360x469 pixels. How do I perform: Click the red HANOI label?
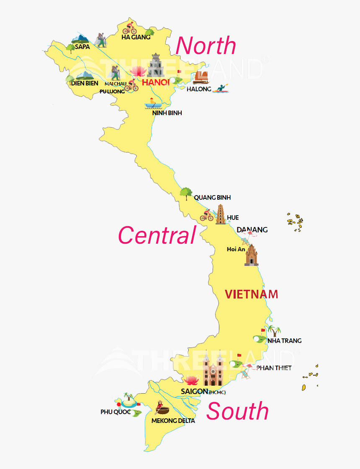click(155, 82)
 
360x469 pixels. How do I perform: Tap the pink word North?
click(206, 46)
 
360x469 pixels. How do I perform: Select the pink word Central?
click(157, 235)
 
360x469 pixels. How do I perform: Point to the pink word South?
click(237, 411)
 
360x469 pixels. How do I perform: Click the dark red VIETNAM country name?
click(251, 294)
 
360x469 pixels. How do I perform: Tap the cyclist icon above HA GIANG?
click(129, 28)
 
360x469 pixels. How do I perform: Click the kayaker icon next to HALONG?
click(221, 88)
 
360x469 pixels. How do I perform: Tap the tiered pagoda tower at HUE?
click(221, 214)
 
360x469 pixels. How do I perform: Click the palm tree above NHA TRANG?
click(274, 331)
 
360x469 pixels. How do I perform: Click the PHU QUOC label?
click(116, 412)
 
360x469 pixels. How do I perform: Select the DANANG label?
click(252, 230)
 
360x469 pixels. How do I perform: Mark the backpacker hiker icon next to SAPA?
click(100, 40)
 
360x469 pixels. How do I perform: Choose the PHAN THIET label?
click(274, 368)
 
